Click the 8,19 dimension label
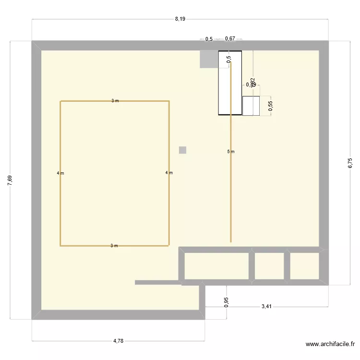(x=180, y=19)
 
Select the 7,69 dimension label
(x=10, y=180)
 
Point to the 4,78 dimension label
(x=118, y=341)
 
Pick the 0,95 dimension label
(x=227, y=302)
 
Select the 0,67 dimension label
(x=230, y=39)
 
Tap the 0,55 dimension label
(x=270, y=106)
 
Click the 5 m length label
(x=231, y=152)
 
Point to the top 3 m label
(x=115, y=101)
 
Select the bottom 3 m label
(x=114, y=246)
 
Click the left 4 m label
(x=60, y=173)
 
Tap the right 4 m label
(x=168, y=173)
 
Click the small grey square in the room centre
(x=182, y=150)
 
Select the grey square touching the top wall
(x=209, y=59)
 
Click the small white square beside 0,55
(x=251, y=106)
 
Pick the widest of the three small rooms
(x=216, y=265)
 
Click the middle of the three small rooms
(x=269, y=265)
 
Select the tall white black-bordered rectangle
(x=230, y=83)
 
